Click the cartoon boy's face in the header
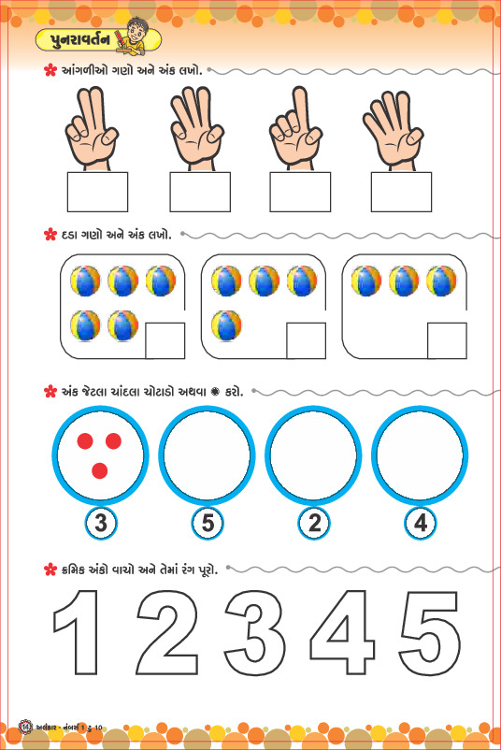point(136,33)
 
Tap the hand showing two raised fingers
point(93,128)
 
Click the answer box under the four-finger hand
point(401,192)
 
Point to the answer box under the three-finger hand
point(200,192)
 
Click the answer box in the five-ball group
point(165,340)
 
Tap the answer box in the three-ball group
point(447,340)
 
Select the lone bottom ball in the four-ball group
point(226,325)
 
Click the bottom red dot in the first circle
point(99,470)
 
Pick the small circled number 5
point(208,523)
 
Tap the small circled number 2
point(314,523)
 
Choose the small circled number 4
point(421,523)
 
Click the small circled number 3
point(101,523)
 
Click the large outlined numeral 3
point(256,631)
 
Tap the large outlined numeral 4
point(343,631)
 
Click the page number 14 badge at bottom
point(25,727)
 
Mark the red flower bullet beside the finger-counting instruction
point(50,71)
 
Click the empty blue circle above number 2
point(313,455)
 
